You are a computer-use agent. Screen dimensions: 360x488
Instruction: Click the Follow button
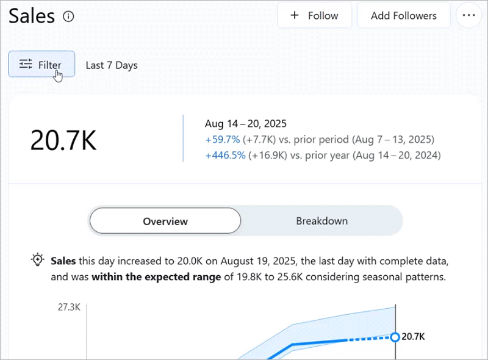314,16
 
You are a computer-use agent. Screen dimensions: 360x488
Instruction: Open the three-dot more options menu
468,16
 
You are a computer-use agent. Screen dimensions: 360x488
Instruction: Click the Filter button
41,65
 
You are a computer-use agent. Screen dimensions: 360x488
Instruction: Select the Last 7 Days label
112,65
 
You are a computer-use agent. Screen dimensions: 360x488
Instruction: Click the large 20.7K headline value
63,140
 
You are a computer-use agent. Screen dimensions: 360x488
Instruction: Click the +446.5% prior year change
225,155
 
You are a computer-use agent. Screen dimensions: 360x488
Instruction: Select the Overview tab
165,221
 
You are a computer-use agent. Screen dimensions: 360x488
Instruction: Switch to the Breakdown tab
321,221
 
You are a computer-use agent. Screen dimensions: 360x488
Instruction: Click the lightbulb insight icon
38,260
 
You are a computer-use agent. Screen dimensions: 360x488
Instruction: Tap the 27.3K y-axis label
69,307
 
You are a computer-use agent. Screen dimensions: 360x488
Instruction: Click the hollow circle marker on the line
395,337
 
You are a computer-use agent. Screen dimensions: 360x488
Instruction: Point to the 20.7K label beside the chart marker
414,336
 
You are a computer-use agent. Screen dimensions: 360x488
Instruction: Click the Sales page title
32,16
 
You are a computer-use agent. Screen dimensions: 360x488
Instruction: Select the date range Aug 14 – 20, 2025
246,123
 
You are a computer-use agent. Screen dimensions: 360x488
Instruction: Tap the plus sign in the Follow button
295,16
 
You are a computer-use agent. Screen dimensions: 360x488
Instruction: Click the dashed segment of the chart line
369,339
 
